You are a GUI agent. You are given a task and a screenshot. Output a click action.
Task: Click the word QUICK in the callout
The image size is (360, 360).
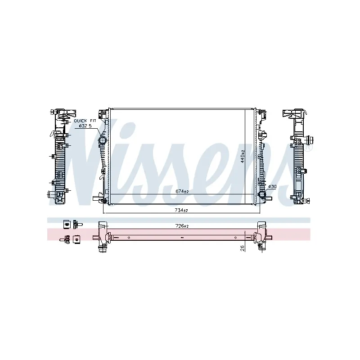pyautogui.click(x=81, y=121)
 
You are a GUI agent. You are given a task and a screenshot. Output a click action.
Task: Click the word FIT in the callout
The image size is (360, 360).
pyautogui.click(x=93, y=121)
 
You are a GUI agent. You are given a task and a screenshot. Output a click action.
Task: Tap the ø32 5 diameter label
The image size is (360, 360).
pyautogui.click(x=85, y=126)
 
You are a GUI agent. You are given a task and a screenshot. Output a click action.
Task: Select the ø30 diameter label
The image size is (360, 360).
pyautogui.click(x=272, y=187)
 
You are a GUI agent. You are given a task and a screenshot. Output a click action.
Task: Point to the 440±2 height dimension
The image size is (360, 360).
pyautogui.click(x=243, y=157)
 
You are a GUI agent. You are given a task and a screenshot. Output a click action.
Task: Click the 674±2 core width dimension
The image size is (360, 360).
pyautogui.click(x=182, y=191)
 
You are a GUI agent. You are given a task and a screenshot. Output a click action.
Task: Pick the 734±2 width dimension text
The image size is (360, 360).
pyautogui.click(x=181, y=210)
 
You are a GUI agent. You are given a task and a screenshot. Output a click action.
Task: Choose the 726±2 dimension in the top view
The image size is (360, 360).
pyautogui.click(x=182, y=226)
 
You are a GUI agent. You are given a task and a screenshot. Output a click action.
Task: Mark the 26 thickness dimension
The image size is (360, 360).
pyautogui.click(x=243, y=248)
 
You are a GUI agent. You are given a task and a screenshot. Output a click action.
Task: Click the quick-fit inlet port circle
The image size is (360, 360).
pyautogui.click(x=102, y=140)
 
